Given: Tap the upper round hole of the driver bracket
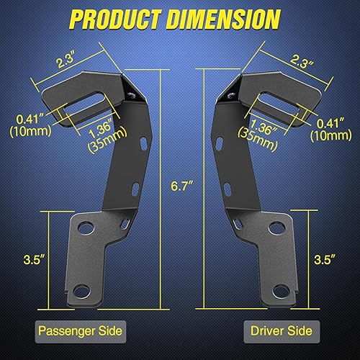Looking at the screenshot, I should (274, 228).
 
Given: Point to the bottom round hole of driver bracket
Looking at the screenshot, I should (276, 294).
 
